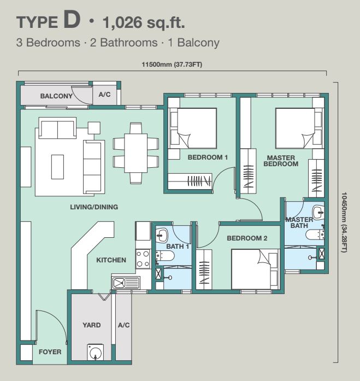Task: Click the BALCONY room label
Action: coord(56,96)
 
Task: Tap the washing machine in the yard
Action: coord(96,352)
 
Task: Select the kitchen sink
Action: coord(126,283)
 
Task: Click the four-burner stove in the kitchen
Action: coord(143,259)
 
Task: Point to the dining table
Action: coord(135,153)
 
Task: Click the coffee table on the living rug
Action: coord(57,167)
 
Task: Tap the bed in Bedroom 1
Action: coord(197,128)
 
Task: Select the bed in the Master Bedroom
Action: coord(295,128)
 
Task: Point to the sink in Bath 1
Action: coord(161,235)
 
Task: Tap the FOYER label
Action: coord(50,352)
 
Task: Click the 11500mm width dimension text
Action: coord(172,65)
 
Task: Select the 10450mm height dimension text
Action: coord(344,222)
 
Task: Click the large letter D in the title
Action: coord(72,20)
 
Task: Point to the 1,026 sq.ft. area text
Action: coord(144,22)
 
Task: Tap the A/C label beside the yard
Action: coord(124,325)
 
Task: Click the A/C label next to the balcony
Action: coord(105,95)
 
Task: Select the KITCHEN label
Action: coord(111,260)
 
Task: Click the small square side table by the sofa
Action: coord(94,128)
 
